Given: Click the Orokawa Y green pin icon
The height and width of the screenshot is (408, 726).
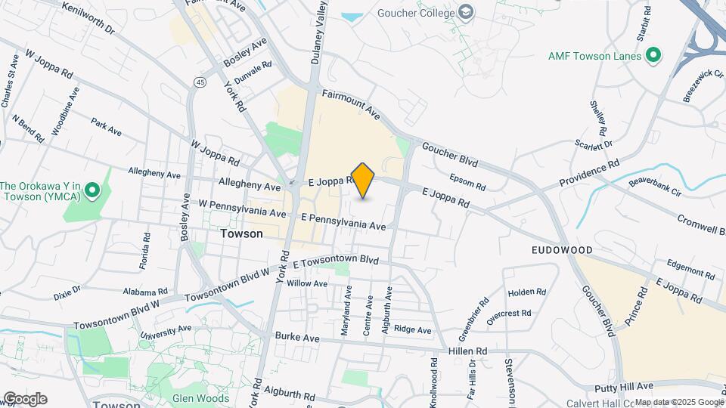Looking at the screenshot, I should tap(93, 190).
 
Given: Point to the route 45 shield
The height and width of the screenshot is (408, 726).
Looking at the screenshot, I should tap(200, 82).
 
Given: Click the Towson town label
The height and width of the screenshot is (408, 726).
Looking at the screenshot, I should tap(242, 234).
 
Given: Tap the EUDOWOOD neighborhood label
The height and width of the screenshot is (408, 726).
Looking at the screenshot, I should tap(561, 249).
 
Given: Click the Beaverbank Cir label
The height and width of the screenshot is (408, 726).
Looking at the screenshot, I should tap(656, 187).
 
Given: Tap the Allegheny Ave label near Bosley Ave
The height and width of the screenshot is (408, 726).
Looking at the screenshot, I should tap(154, 174).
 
